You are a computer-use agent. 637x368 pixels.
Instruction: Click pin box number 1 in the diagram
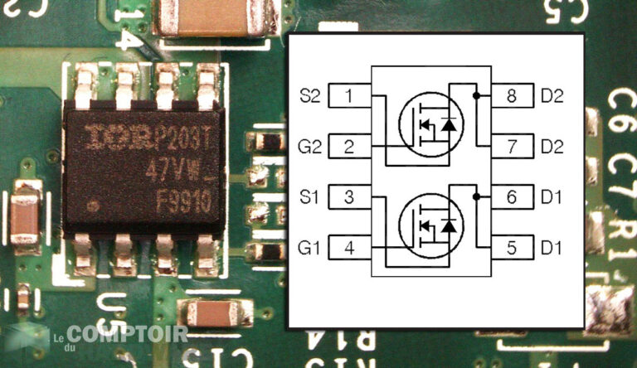tap(349, 96)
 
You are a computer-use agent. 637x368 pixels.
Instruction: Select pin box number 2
tap(349, 148)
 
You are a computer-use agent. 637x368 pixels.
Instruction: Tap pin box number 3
tap(349, 197)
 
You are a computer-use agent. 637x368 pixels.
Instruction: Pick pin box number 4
tap(349, 248)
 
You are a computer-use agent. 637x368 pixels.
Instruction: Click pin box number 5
tap(512, 248)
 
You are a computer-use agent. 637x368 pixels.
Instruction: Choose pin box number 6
tap(512, 197)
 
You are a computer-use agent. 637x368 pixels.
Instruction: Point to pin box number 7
tap(512, 148)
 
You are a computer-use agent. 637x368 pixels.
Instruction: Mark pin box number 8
tap(512, 96)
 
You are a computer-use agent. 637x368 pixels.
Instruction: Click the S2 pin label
tap(309, 96)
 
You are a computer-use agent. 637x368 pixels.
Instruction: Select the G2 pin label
tap(309, 148)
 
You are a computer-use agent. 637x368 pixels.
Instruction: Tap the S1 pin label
tap(309, 197)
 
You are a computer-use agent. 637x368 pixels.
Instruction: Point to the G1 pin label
tap(309, 248)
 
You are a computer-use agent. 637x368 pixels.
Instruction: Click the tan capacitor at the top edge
tap(214, 18)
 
